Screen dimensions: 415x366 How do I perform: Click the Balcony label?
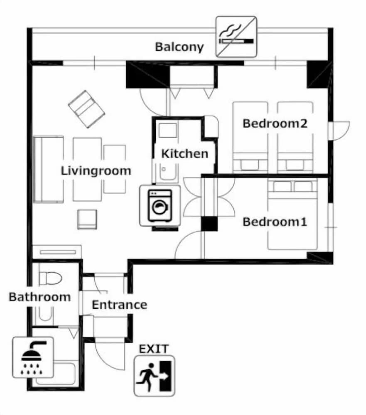[179, 46]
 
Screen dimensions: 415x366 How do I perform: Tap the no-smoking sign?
[236, 37]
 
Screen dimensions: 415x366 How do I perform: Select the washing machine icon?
[160, 206]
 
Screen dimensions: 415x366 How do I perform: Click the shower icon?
[33, 357]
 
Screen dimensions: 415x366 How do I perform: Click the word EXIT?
[154, 349]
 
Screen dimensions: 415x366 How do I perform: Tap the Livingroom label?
[96, 171]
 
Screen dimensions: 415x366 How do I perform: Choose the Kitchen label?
[184, 154]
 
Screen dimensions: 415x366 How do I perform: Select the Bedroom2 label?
[275, 123]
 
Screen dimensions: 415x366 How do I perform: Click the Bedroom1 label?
[275, 222]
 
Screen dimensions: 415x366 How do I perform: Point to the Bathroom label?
[40, 297]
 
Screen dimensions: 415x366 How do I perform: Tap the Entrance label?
[120, 305]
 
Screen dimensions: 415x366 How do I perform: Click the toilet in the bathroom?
[51, 277]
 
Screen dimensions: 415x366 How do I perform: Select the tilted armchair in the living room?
[86, 109]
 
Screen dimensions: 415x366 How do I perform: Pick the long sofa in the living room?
[48, 169]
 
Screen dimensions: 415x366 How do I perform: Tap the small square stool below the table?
[87, 219]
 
